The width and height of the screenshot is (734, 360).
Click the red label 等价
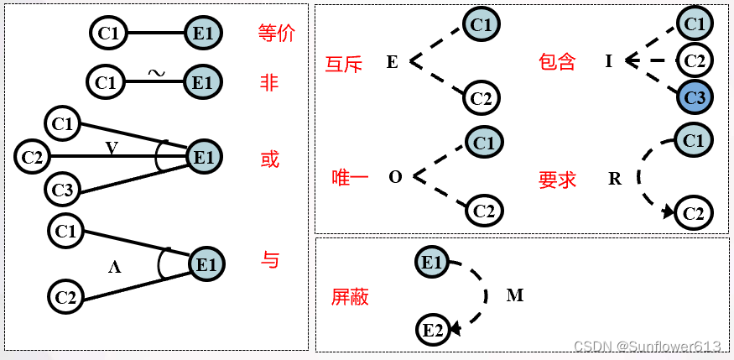278,34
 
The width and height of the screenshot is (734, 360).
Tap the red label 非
269,82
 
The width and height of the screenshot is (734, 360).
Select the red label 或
269,159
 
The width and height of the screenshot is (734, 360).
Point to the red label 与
269,260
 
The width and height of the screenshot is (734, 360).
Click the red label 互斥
346,63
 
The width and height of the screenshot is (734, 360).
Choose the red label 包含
557,61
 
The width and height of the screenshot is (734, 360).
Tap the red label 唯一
351,178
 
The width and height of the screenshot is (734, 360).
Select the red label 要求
557,179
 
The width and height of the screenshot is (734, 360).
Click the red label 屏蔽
350,296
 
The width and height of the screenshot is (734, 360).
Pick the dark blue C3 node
695,98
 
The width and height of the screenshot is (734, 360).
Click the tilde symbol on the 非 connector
156,73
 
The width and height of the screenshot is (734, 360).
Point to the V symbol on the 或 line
112,149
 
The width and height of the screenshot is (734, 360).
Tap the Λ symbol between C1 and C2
115,268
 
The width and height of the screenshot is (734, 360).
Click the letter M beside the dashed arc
515,295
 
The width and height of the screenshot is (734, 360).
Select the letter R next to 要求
615,179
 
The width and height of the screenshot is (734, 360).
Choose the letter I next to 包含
608,61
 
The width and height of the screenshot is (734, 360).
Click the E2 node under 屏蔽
433,330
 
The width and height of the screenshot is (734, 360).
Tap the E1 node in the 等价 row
202,34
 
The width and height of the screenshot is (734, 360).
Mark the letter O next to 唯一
396,178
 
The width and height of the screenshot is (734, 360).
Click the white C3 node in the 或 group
63,190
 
